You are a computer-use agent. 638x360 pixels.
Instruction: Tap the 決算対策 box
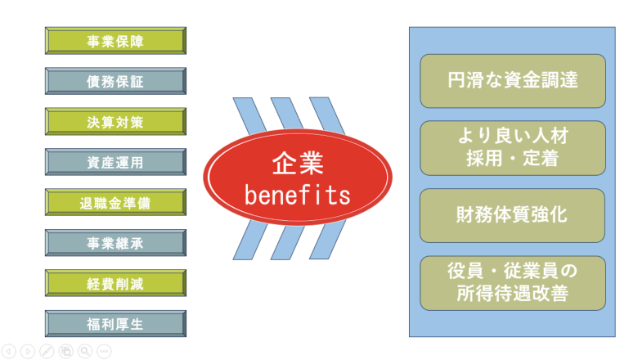(x=115, y=122)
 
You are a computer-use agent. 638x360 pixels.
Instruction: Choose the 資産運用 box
(x=115, y=162)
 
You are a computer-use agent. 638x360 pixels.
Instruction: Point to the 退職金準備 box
(x=115, y=202)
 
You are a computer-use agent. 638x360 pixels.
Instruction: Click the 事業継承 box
(x=115, y=243)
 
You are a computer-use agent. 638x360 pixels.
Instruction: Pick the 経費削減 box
(x=115, y=283)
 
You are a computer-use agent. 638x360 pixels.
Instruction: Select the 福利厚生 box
(x=115, y=324)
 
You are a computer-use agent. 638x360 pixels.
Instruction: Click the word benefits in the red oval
(x=298, y=196)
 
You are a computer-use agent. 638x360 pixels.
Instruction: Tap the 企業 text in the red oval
(x=298, y=163)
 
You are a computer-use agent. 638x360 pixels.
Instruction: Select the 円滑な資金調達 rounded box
(x=513, y=81)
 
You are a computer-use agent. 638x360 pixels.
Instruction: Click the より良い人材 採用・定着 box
(x=513, y=148)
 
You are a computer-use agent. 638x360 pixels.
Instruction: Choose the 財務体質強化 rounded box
(x=513, y=216)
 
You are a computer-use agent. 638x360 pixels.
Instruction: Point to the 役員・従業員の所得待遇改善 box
(x=513, y=283)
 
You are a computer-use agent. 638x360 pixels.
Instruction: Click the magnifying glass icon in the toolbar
(x=85, y=351)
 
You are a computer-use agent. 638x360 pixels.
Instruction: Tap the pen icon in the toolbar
(x=47, y=351)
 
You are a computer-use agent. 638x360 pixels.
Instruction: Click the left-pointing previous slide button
(x=9, y=351)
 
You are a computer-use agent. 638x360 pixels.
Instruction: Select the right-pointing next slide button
(x=28, y=351)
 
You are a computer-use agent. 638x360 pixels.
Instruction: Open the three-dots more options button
(x=104, y=351)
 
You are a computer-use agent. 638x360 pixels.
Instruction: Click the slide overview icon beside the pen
(x=65, y=351)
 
